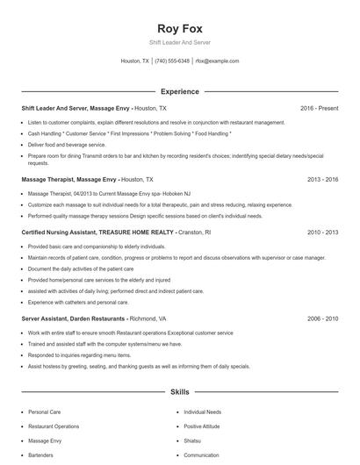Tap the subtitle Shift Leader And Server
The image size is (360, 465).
[180, 42]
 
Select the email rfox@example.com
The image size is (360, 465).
[217, 61]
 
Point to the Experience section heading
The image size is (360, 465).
[180, 91]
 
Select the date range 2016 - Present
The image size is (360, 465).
[319, 108]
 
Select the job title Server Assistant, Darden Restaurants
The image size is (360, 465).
[74, 319]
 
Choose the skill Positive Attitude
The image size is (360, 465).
[203, 426]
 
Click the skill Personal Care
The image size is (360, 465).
[45, 411]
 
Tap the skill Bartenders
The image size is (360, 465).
[41, 456]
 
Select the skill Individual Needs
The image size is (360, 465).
[203, 411]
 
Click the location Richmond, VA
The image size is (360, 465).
[153, 319]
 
